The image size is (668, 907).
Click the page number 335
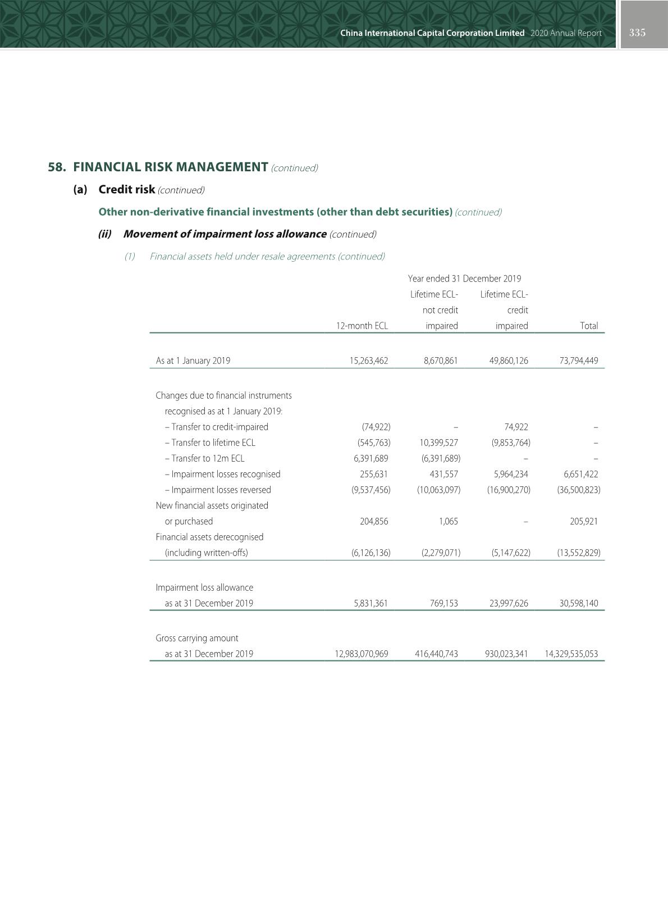click(x=637, y=33)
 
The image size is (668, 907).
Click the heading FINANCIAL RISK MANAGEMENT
click(x=170, y=167)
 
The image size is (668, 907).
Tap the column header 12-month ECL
click(x=362, y=326)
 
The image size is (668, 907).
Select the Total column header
click(x=588, y=326)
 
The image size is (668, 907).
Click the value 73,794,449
click(x=578, y=361)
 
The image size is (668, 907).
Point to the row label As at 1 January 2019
click(x=193, y=361)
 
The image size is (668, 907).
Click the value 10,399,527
click(x=438, y=443)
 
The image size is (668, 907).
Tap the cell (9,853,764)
click(x=511, y=443)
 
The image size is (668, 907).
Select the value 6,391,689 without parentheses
click(x=370, y=458)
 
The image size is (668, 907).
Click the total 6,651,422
click(x=580, y=474)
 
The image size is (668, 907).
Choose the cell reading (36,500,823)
click(x=578, y=490)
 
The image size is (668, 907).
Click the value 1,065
click(x=448, y=521)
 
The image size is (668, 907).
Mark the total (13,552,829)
click(x=578, y=553)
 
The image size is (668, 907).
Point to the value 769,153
click(x=441, y=603)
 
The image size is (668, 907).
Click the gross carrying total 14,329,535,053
click(x=571, y=654)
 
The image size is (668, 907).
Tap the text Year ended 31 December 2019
click(x=464, y=279)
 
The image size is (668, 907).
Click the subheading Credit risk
click(x=126, y=189)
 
